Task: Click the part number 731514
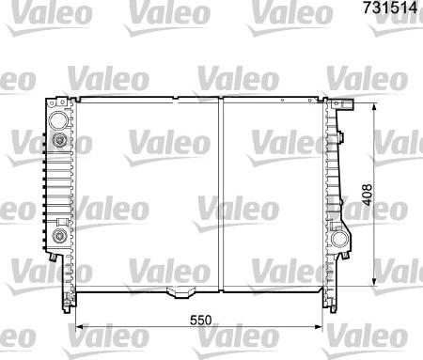point(390,8)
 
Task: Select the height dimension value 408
point(367,195)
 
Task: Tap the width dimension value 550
point(201,320)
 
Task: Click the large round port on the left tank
point(58,120)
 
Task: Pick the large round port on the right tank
point(339,240)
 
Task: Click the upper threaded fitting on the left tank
point(59,139)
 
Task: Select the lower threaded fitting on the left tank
point(59,235)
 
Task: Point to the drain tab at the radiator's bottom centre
point(179,292)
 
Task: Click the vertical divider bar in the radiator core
point(221,195)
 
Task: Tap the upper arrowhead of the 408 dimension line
point(373,108)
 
